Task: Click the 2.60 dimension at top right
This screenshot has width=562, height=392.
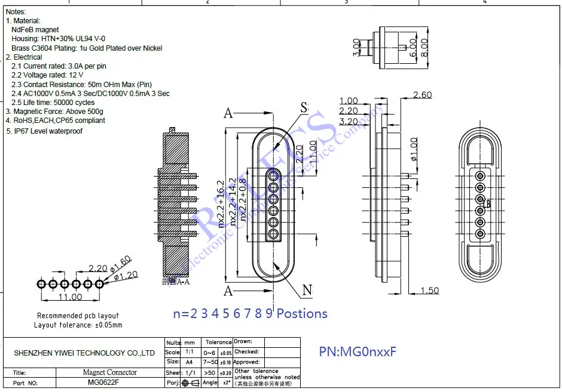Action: pyautogui.click(x=422, y=95)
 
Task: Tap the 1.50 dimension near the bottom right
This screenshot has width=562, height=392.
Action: pyautogui.click(x=429, y=291)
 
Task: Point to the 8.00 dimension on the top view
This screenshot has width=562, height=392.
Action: pyautogui.click(x=424, y=48)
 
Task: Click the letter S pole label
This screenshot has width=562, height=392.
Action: pyautogui.click(x=304, y=108)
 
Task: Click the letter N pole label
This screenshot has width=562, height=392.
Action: pyautogui.click(x=307, y=291)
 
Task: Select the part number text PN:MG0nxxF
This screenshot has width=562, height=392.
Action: pyautogui.click(x=357, y=351)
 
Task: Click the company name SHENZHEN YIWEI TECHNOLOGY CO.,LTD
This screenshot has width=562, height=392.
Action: pyautogui.click(x=84, y=353)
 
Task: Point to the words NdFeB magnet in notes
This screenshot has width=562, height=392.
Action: pyautogui.click(x=35, y=29)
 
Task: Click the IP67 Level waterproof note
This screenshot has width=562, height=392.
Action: pyautogui.click(x=44, y=131)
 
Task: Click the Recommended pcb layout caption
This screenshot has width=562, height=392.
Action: pyautogui.click(x=78, y=316)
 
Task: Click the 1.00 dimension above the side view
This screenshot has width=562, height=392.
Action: pyautogui.click(x=348, y=101)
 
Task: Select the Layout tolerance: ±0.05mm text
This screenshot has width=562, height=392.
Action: pyautogui.click(x=78, y=325)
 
